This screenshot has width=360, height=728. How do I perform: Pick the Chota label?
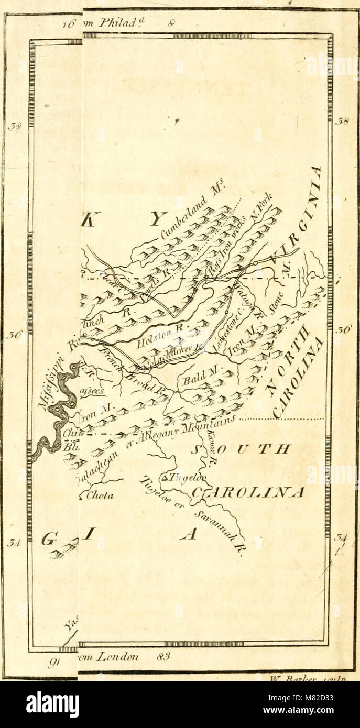(100, 495)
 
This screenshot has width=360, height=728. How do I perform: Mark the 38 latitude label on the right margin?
(343, 122)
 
